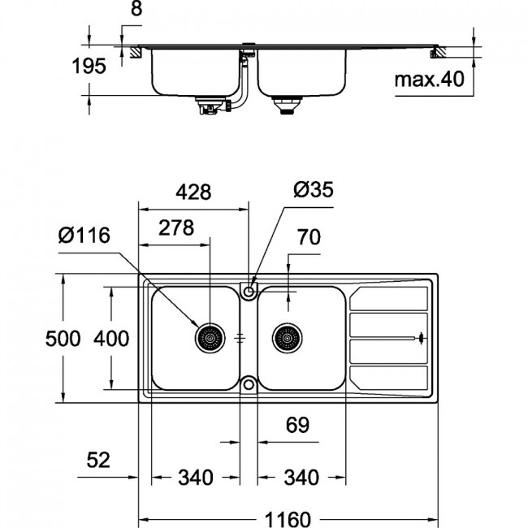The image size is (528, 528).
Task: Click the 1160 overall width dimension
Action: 288,519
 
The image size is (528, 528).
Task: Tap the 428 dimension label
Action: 193,192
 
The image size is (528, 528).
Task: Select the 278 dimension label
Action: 176,227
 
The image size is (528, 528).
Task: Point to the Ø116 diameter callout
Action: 84,235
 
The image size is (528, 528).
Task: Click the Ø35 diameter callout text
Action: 314,189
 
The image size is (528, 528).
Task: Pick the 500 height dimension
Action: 63,339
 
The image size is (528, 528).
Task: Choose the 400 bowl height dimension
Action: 111,339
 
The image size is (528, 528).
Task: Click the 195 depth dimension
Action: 89,66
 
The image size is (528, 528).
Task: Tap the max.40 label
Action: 429,80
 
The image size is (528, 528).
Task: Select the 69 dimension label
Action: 297,425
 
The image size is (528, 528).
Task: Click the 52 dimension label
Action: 98,460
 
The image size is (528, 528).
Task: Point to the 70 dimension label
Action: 309,237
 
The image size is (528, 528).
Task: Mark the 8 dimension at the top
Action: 136,8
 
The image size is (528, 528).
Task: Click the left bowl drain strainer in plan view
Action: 210,338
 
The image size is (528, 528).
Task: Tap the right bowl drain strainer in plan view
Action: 288,338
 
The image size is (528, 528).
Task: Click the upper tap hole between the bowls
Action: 249,291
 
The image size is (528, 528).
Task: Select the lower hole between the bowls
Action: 249,384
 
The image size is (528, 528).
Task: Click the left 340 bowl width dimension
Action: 196,477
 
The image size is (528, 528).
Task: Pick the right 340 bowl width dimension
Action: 301,477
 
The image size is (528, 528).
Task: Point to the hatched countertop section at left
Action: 135,52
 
